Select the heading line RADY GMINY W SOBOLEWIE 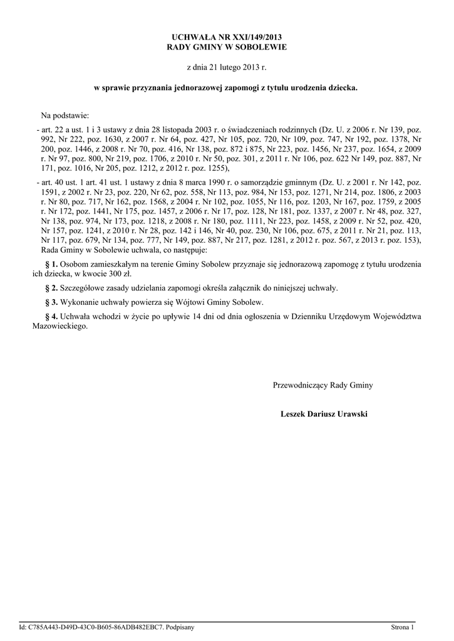(x=227, y=48)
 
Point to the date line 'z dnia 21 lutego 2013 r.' (x=227, y=67)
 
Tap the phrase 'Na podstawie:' (x=66, y=116)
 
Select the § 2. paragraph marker (x=52, y=288)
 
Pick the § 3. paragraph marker (x=52, y=302)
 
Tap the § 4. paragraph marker (x=52, y=316)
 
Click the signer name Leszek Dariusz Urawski (x=324, y=414)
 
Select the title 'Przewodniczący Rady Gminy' (x=322, y=385)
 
